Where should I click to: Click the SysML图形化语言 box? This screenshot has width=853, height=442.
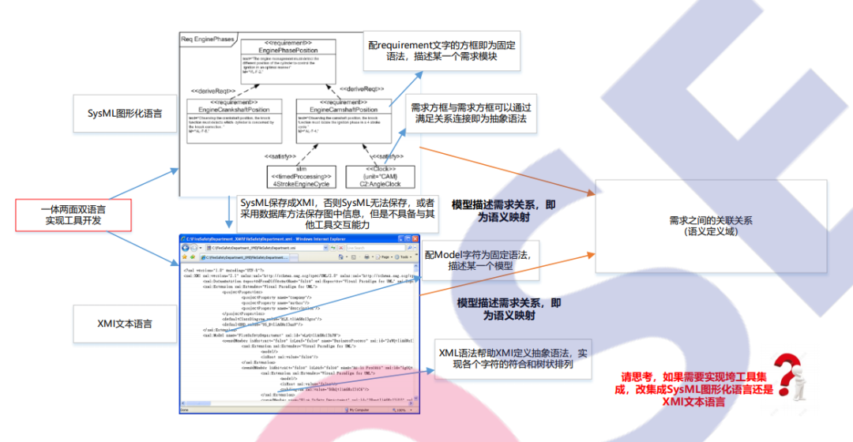126,114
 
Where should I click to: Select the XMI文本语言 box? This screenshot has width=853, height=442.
126,324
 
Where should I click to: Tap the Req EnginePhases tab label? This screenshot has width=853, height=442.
209,38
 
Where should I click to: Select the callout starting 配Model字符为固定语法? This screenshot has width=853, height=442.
481,260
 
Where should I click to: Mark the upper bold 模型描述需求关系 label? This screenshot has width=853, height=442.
502,210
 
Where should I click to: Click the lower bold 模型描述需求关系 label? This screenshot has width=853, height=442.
509,309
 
